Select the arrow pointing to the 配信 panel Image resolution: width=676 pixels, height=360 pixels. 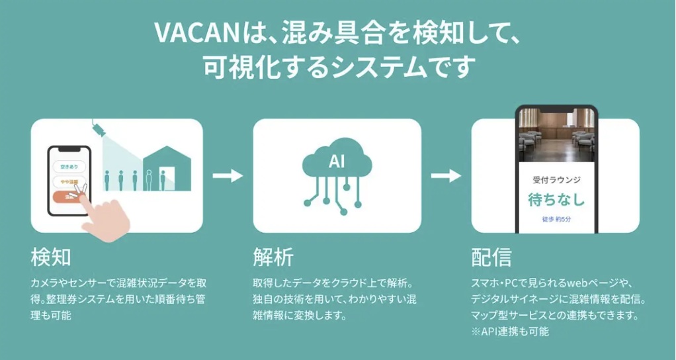coord(446,176)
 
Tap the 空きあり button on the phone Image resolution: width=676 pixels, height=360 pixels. coord(69,165)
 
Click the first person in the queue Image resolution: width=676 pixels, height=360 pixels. coord(106,179)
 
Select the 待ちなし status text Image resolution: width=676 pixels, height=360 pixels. coord(557,199)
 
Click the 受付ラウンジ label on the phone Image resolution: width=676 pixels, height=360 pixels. coord(557,179)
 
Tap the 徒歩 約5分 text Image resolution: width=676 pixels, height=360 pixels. coord(557,219)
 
